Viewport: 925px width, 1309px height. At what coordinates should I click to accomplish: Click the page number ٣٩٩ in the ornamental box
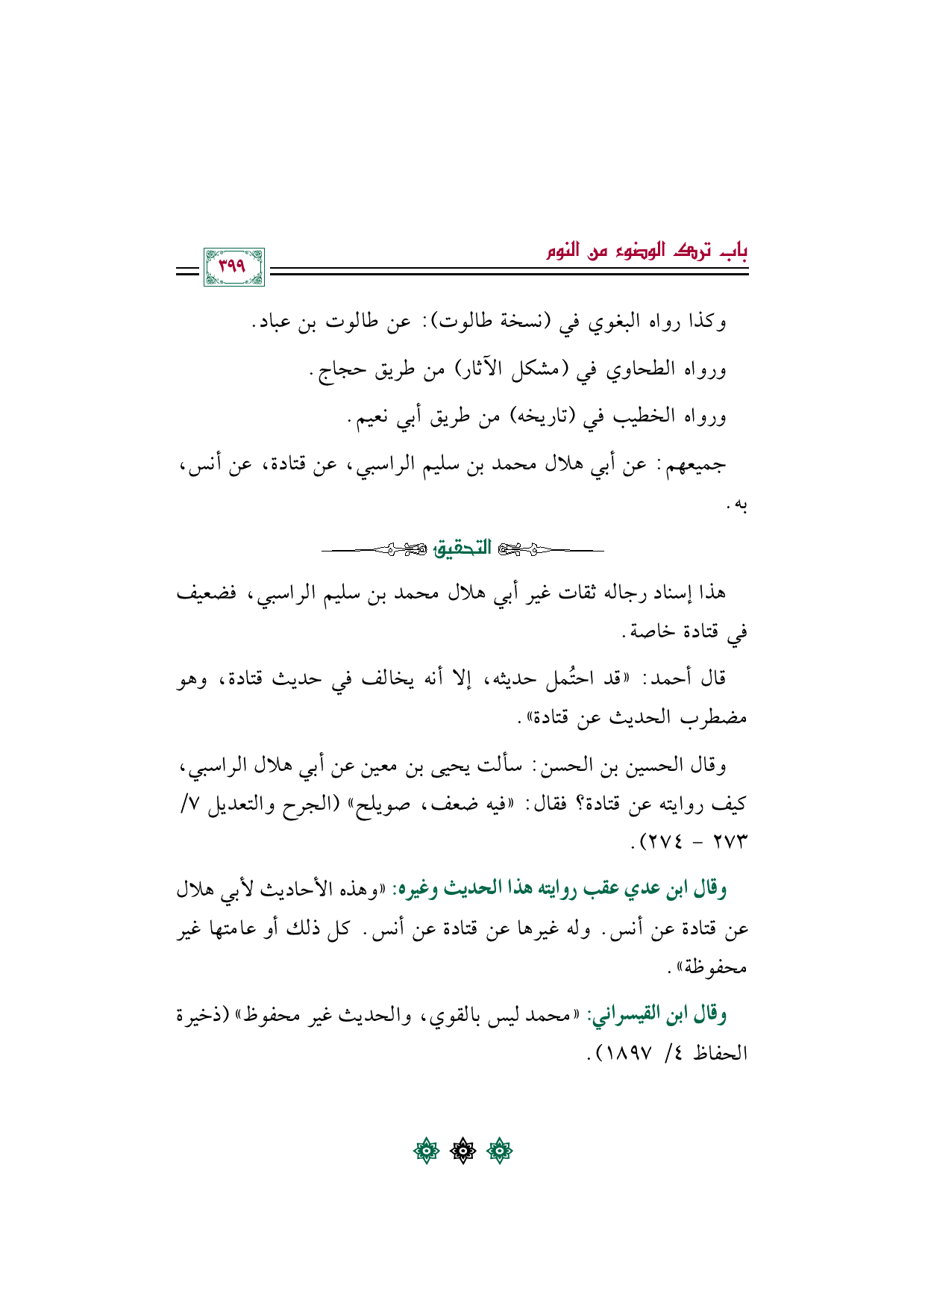point(233,266)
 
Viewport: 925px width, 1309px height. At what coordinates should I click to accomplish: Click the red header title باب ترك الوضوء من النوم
point(647,251)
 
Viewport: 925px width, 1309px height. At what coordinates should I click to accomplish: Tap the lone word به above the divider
point(738,506)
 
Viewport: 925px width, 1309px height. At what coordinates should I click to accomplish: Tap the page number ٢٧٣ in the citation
point(730,843)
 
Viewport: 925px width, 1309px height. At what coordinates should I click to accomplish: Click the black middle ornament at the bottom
point(462,1152)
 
